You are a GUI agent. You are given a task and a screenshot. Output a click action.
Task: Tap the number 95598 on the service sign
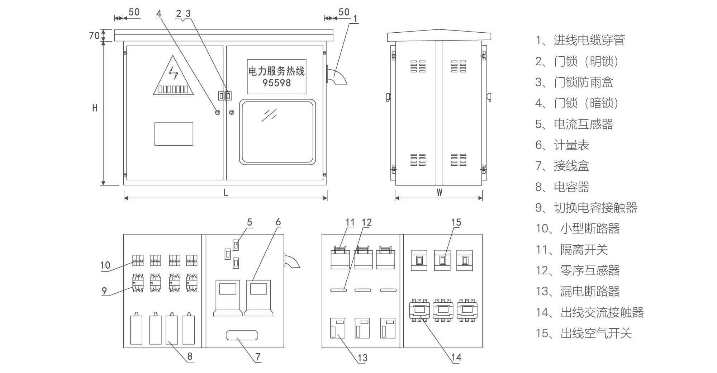276,83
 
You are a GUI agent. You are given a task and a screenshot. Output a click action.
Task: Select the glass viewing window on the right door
277,132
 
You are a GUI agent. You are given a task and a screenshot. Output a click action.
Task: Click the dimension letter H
95,108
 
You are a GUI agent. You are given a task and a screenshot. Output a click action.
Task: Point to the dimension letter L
225,193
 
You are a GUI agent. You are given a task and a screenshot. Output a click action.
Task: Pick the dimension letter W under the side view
439,193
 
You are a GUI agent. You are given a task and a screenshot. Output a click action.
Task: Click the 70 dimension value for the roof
94,36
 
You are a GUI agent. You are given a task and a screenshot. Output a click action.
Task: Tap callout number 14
456,357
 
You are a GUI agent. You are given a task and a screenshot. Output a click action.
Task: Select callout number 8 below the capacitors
190,356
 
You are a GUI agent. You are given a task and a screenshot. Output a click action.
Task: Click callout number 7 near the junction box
258,357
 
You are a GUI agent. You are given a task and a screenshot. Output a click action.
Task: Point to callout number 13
362,358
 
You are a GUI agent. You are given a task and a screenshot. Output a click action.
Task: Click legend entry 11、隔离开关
571,250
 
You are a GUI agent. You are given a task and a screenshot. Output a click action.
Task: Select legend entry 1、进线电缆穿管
580,41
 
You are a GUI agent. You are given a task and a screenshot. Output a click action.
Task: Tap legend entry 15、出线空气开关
583,334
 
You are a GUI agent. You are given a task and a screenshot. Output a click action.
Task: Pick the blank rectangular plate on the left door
174,134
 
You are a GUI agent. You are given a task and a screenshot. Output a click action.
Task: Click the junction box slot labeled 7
242,336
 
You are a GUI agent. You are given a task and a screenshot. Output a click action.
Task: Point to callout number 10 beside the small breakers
105,265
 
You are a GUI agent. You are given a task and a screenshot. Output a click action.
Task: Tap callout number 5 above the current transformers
250,222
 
